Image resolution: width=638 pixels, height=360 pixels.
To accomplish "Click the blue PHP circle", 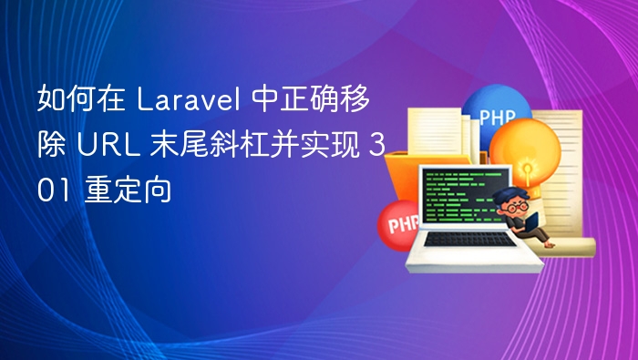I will point(497,118).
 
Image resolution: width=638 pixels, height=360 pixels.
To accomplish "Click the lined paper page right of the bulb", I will point(571,173).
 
